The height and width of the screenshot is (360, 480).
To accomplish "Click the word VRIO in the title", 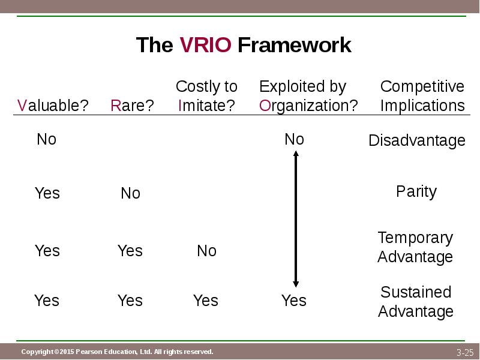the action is click(205, 45).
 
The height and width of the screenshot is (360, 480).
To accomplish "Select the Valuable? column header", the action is click(53, 106).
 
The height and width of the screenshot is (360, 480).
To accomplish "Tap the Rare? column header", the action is click(132, 106).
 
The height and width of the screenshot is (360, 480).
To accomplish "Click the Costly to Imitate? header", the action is click(206, 96).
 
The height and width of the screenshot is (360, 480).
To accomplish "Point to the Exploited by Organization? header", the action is click(308, 96).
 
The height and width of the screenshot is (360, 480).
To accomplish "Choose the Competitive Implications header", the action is click(422, 96).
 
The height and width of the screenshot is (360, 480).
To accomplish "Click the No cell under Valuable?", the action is click(46, 140).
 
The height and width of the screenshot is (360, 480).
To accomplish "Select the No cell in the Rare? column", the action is click(130, 193).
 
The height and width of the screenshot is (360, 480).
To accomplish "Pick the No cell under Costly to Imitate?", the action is click(206, 251).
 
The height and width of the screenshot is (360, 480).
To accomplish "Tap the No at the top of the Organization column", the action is click(294, 140).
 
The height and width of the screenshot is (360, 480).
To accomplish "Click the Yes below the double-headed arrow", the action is click(294, 301).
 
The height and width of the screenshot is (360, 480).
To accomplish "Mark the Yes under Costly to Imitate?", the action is click(206, 301).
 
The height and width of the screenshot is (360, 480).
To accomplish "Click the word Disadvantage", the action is click(416, 141).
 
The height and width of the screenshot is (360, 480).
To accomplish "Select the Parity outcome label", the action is click(416, 192).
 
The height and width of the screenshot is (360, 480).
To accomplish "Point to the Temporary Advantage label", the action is click(415, 247).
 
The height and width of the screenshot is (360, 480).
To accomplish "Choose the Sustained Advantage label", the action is click(416, 302).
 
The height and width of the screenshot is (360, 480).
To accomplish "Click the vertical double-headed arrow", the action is click(295, 218).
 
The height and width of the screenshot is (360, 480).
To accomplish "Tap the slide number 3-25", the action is click(464, 352).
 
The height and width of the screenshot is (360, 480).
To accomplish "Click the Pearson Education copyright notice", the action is click(117, 352).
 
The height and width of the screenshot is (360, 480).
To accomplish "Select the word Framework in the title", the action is click(294, 45).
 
